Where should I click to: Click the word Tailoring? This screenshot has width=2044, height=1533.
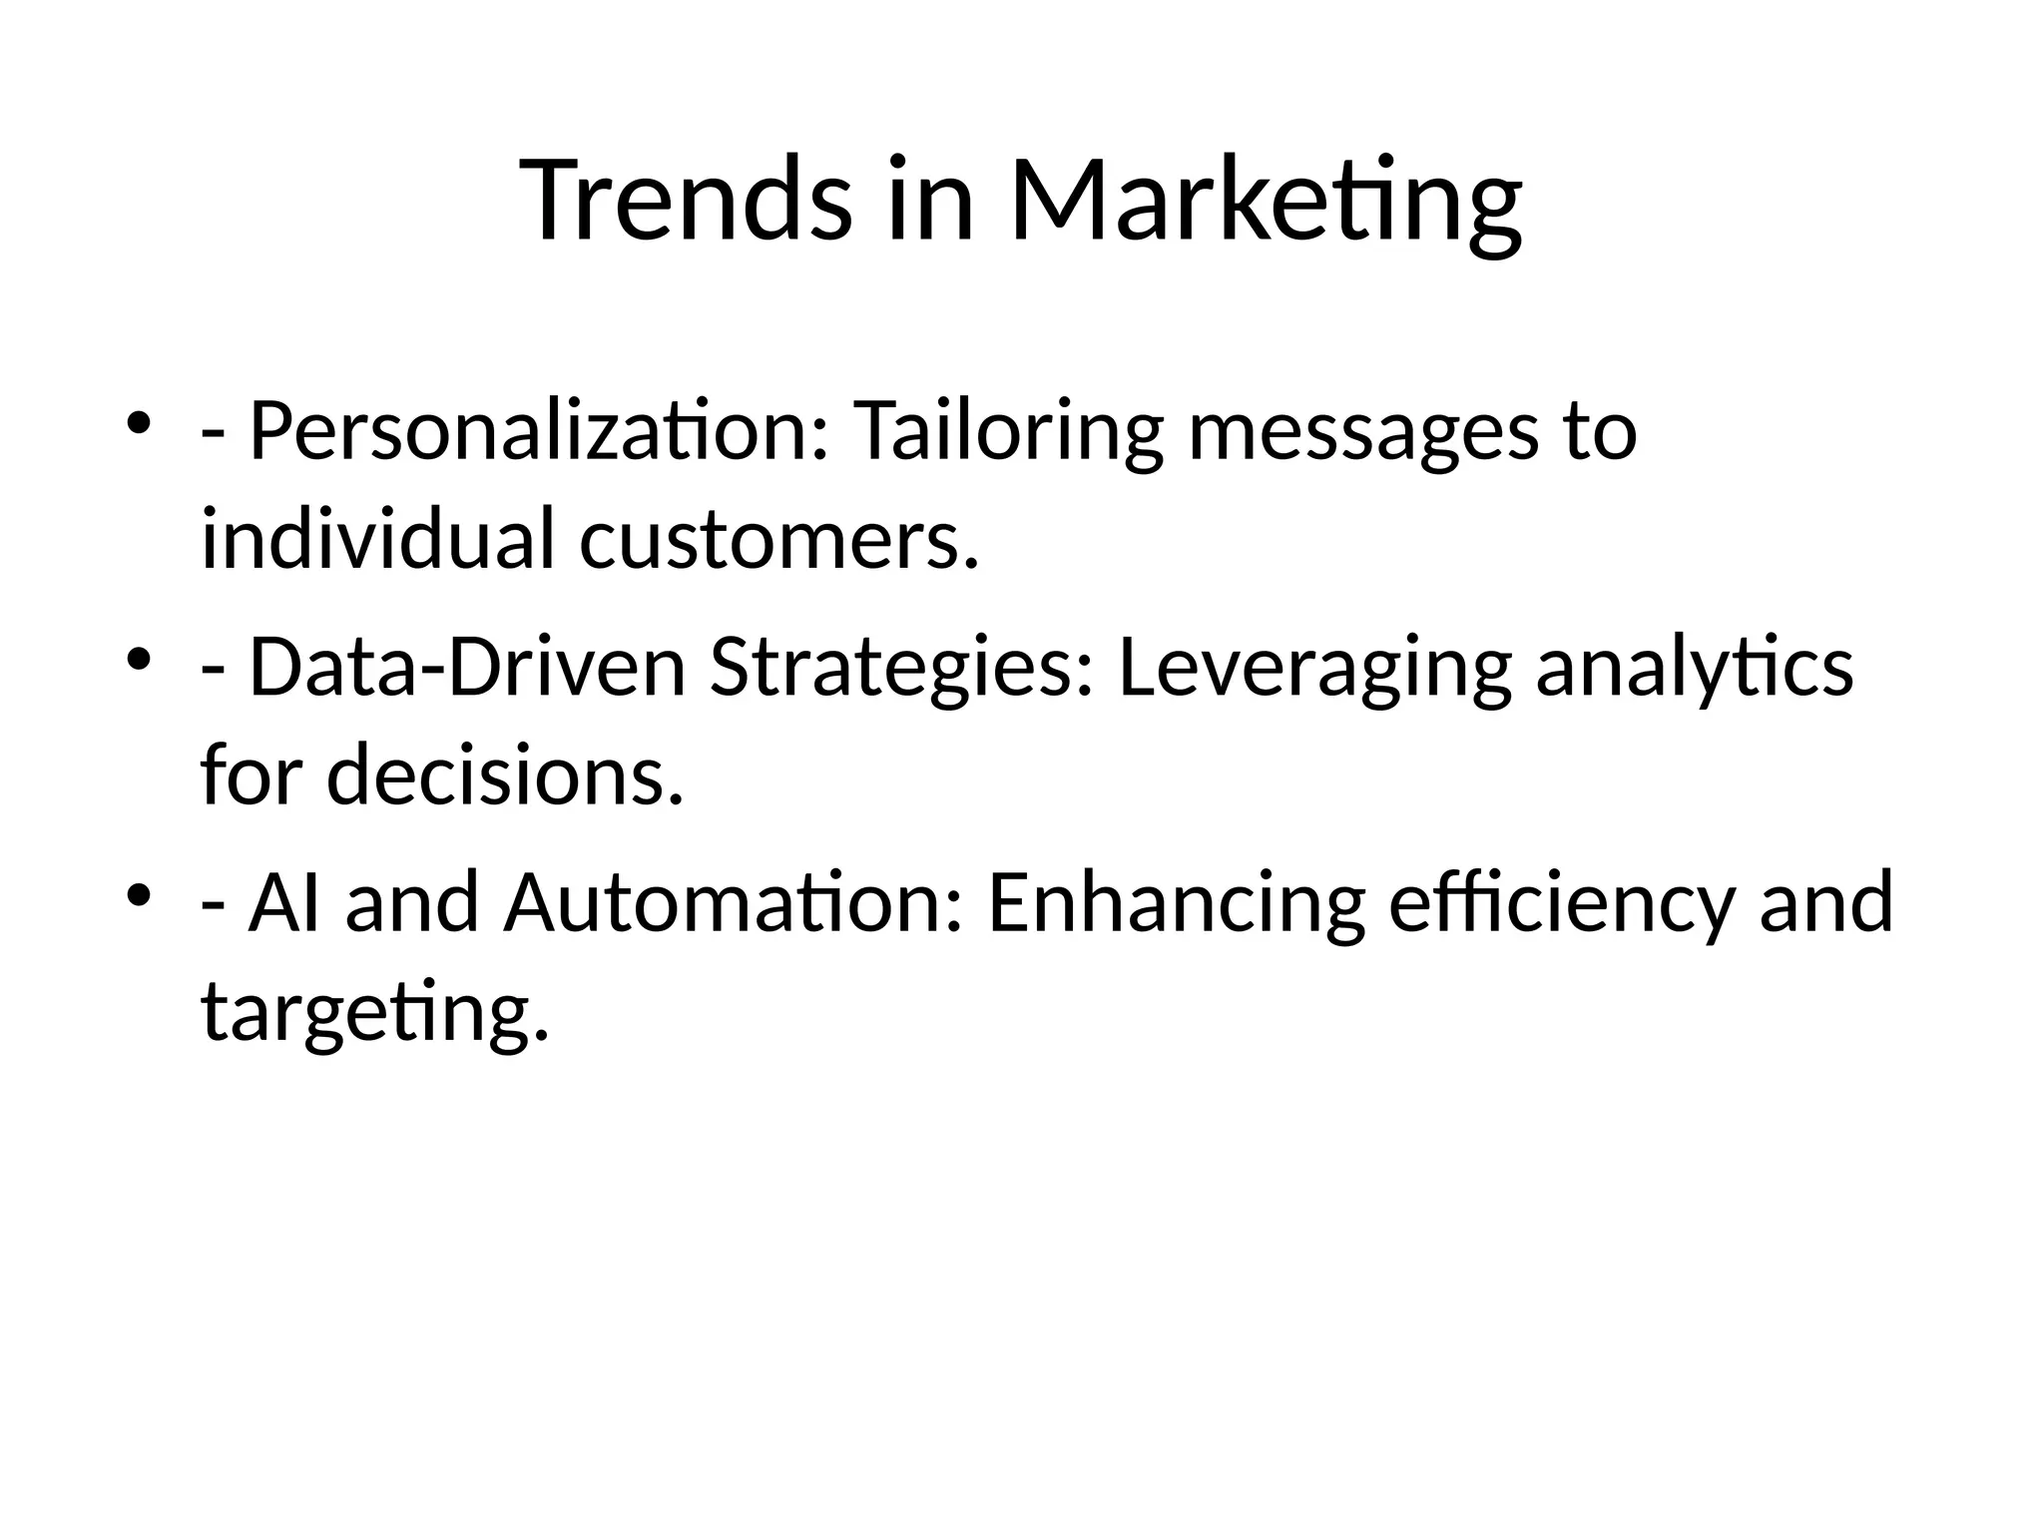(x=1008, y=432)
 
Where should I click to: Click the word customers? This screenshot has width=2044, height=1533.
(x=778, y=541)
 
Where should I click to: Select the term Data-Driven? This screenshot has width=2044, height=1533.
(x=467, y=668)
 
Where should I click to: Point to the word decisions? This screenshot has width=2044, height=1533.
(x=505, y=775)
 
